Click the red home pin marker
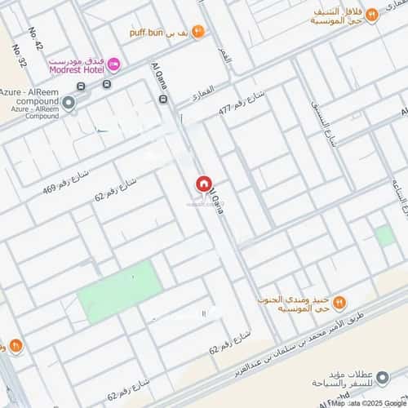(x=202, y=187)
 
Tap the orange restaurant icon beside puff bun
(x=198, y=31)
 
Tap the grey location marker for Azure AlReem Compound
(x=69, y=103)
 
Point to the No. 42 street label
(x=35, y=39)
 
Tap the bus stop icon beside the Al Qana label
(x=165, y=100)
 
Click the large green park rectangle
(x=119, y=292)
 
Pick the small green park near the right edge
(x=385, y=237)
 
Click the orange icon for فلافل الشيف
(x=372, y=14)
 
